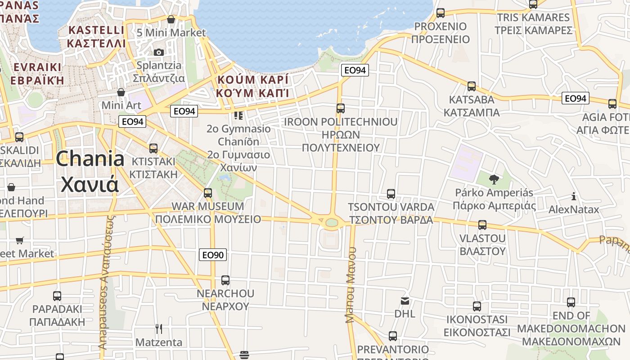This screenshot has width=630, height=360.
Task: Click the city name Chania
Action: pos(90,159)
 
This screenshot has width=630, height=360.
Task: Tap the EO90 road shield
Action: pos(212,255)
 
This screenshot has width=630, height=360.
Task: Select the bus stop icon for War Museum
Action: pos(207,193)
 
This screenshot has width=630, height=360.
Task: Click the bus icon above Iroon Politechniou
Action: pos(341,108)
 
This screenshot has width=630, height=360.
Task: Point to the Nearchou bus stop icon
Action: pos(225,280)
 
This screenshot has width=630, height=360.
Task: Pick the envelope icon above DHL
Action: pos(405,301)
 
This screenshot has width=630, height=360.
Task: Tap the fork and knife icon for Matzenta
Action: pos(158,329)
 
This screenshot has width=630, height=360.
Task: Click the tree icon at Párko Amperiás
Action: pos(494,180)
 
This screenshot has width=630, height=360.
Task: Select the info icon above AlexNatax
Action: pos(574,196)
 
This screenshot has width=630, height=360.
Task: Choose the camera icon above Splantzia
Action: pos(158,52)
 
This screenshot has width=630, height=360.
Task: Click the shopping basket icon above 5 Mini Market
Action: pos(171,19)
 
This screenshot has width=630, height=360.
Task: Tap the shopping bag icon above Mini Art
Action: pos(121,92)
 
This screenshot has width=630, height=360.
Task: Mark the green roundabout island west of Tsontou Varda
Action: pos(332,222)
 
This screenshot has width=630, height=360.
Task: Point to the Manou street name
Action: pos(351,285)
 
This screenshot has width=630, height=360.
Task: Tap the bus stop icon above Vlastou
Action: pos(482,225)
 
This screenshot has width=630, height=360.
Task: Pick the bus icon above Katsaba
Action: pos(472,86)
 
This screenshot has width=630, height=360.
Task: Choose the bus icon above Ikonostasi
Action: pos(477,306)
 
